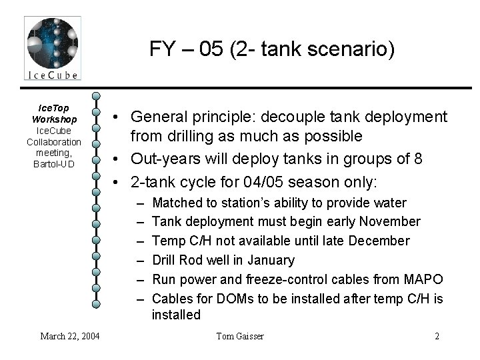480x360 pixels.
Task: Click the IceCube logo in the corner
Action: tap(53, 47)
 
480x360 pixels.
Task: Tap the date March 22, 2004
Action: tap(71, 336)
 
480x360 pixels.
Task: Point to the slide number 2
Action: tap(437, 336)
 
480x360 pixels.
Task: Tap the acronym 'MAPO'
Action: tap(421, 279)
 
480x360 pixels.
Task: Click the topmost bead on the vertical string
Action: tap(97, 96)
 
